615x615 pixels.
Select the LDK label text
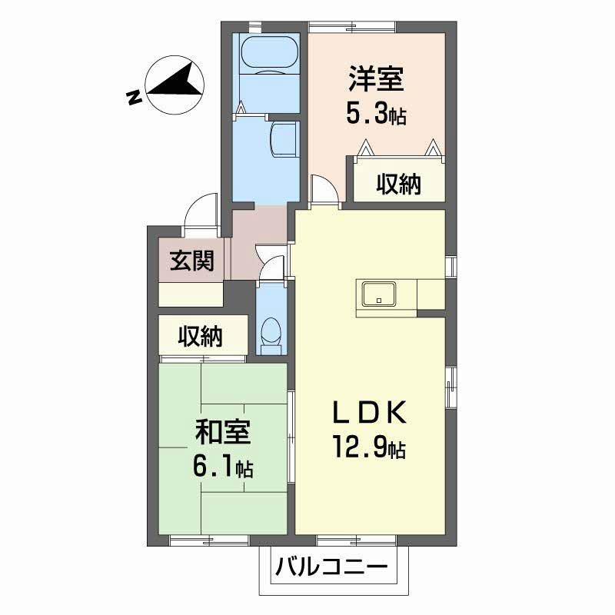pos(370,413)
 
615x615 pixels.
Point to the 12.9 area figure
pos(360,447)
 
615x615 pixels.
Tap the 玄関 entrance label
pos(192,261)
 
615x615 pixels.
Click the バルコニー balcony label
pos(331,567)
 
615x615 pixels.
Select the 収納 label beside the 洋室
pos(399,184)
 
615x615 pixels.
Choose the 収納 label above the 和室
pos(201,336)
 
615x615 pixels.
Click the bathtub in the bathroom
pos(270,55)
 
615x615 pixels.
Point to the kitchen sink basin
pos(379,294)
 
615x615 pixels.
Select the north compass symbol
pos(175,85)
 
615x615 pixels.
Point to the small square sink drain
pos(379,301)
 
